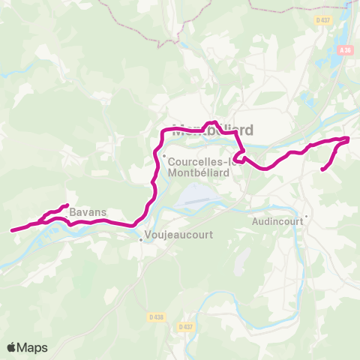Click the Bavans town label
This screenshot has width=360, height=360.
88,213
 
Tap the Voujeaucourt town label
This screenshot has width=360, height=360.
180,235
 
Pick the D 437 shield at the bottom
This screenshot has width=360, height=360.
185,327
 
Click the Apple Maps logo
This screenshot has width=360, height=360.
28,347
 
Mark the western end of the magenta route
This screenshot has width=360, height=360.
11,231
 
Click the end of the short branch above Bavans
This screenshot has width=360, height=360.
67,205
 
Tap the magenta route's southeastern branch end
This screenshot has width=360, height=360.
322,170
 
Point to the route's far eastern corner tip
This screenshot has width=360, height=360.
349,138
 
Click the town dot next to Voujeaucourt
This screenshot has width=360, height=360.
140,240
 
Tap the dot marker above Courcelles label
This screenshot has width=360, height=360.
164,155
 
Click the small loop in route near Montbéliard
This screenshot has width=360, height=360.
238,156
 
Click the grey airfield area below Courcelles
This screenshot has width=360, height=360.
196,196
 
